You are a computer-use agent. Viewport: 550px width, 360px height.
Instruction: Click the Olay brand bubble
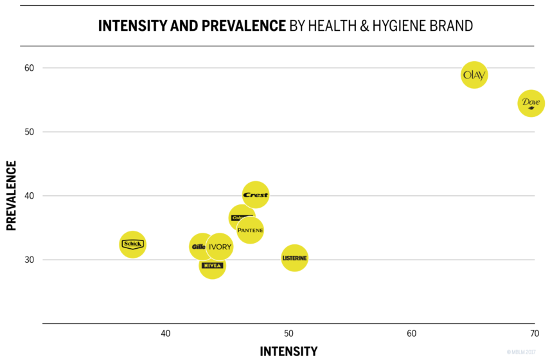474,75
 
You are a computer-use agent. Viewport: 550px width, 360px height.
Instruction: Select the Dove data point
531,103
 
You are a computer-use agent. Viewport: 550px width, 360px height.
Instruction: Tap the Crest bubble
256,195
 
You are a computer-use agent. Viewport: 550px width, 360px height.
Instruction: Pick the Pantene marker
250,230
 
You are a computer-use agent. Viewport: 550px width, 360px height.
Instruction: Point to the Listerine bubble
294,258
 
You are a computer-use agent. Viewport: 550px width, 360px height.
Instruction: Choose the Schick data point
132,244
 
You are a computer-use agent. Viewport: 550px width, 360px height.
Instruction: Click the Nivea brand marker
212,265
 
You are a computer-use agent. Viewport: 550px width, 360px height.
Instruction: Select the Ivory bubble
220,247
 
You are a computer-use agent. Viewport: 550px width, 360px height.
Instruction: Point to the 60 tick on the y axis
29,68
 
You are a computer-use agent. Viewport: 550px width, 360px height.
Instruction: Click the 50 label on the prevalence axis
29,132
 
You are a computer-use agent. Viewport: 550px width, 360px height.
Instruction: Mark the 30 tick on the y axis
29,260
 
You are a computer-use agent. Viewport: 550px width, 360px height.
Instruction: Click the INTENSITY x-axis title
288,351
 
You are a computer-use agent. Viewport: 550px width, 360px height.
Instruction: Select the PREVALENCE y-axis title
11,195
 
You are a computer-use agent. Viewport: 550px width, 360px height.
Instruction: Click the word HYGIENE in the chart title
391,26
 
